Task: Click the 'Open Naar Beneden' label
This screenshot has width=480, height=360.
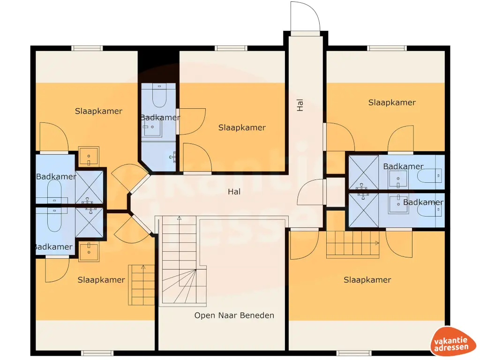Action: tap(234, 315)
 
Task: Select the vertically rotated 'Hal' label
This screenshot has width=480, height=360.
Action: tap(300, 105)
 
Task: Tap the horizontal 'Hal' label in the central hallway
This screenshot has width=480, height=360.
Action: tap(234, 192)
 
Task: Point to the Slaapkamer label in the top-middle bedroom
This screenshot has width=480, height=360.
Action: tap(242, 127)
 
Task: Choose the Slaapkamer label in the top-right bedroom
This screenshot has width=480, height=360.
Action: tap(392, 103)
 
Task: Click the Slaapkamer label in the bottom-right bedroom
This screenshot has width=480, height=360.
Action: tap(367, 280)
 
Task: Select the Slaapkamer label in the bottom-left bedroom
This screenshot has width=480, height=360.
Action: tap(101, 280)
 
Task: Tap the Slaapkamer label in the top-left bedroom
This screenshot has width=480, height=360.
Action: tap(98, 111)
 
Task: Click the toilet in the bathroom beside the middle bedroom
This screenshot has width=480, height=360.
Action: tap(158, 97)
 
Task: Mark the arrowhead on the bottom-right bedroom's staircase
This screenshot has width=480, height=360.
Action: tap(377, 243)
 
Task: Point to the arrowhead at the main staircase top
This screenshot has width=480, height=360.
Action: tap(178, 218)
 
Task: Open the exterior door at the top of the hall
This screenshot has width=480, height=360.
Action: tap(305, 19)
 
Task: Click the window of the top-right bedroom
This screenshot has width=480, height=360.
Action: tap(387, 48)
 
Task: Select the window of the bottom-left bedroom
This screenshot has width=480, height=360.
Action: tap(97, 353)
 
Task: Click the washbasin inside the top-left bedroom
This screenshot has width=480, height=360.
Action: tap(88, 156)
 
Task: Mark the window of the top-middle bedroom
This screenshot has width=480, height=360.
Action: tap(231, 48)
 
